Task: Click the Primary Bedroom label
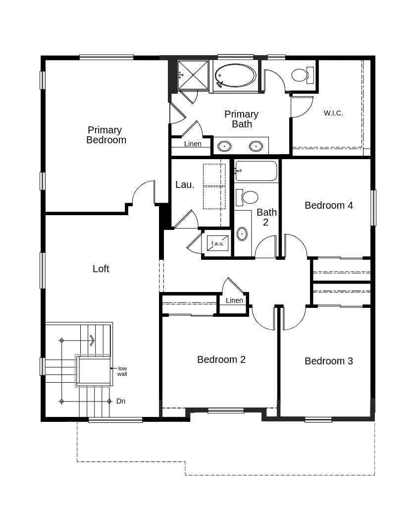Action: (x=105, y=135)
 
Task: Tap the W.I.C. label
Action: (x=333, y=113)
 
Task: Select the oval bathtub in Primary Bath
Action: (x=236, y=76)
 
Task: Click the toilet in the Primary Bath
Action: (x=301, y=75)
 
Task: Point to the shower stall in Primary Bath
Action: (x=193, y=75)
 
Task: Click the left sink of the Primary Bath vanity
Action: (x=224, y=146)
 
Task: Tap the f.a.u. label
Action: (x=217, y=243)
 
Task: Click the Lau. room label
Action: (x=185, y=184)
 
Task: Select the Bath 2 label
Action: (x=266, y=217)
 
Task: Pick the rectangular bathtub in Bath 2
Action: (x=256, y=171)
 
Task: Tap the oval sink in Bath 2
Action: (x=242, y=234)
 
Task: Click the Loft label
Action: (x=101, y=269)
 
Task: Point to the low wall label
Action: (x=122, y=371)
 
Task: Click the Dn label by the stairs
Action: (x=121, y=401)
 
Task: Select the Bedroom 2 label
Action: (x=221, y=359)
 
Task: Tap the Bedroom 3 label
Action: (x=329, y=361)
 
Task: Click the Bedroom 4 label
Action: (x=329, y=205)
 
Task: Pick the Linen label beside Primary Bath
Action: (x=193, y=144)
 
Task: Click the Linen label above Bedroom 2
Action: (x=234, y=300)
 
